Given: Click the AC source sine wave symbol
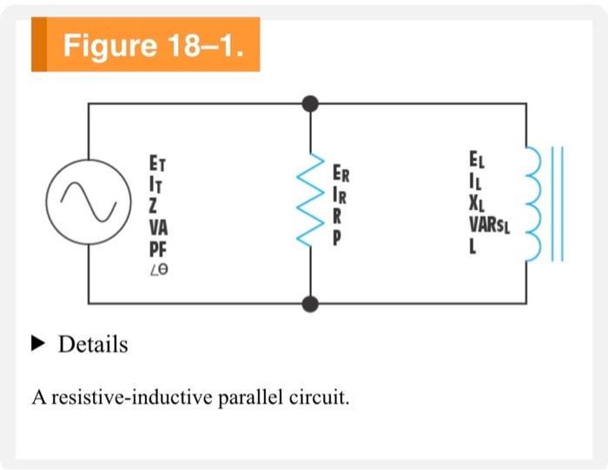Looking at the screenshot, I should (x=88, y=202).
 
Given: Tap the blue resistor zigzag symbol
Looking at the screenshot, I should (x=310, y=203).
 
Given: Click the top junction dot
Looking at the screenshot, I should (x=310, y=103).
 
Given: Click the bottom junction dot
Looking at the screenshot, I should (x=310, y=303).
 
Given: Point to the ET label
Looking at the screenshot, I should (x=157, y=163).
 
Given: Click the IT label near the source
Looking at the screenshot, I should (x=156, y=184).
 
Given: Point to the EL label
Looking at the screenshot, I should (x=477, y=162).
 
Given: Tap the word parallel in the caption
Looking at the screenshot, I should (x=242, y=399).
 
